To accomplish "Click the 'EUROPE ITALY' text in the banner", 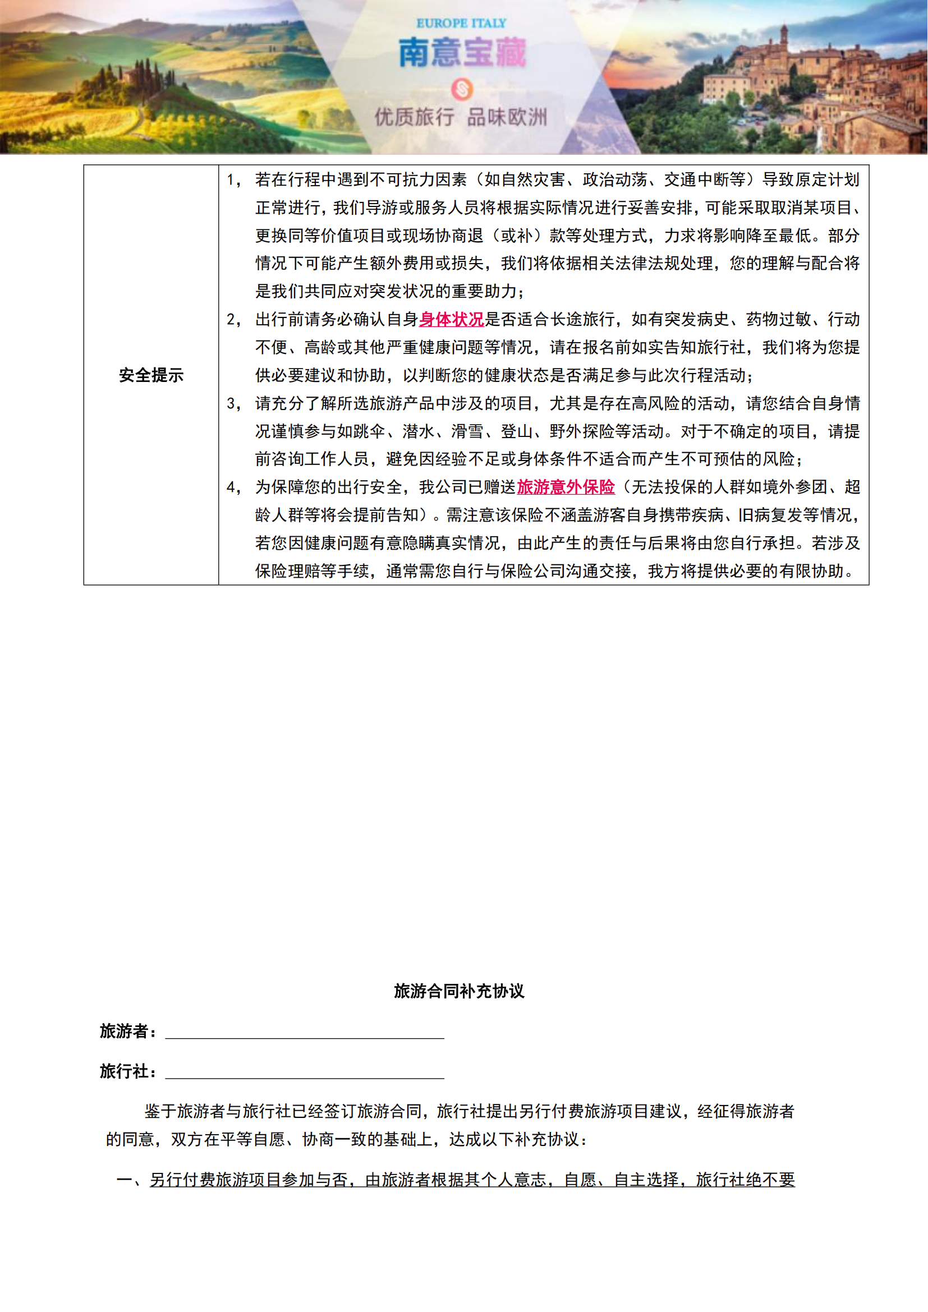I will click(x=461, y=24).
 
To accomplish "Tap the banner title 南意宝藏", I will click(x=462, y=53).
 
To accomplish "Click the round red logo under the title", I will click(x=462, y=89).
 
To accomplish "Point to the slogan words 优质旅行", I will click(x=414, y=118).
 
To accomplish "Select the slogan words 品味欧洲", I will click(x=507, y=118).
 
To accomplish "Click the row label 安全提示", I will click(x=151, y=375).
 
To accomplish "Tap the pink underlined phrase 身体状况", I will click(x=452, y=319).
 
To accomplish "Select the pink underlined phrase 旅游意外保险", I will click(x=566, y=487).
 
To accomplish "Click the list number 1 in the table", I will click(x=231, y=180).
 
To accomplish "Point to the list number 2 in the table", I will click(x=231, y=319).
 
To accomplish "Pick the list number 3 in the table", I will click(x=231, y=403).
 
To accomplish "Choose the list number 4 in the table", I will click(x=231, y=487).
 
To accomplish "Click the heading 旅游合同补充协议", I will click(x=459, y=991).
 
